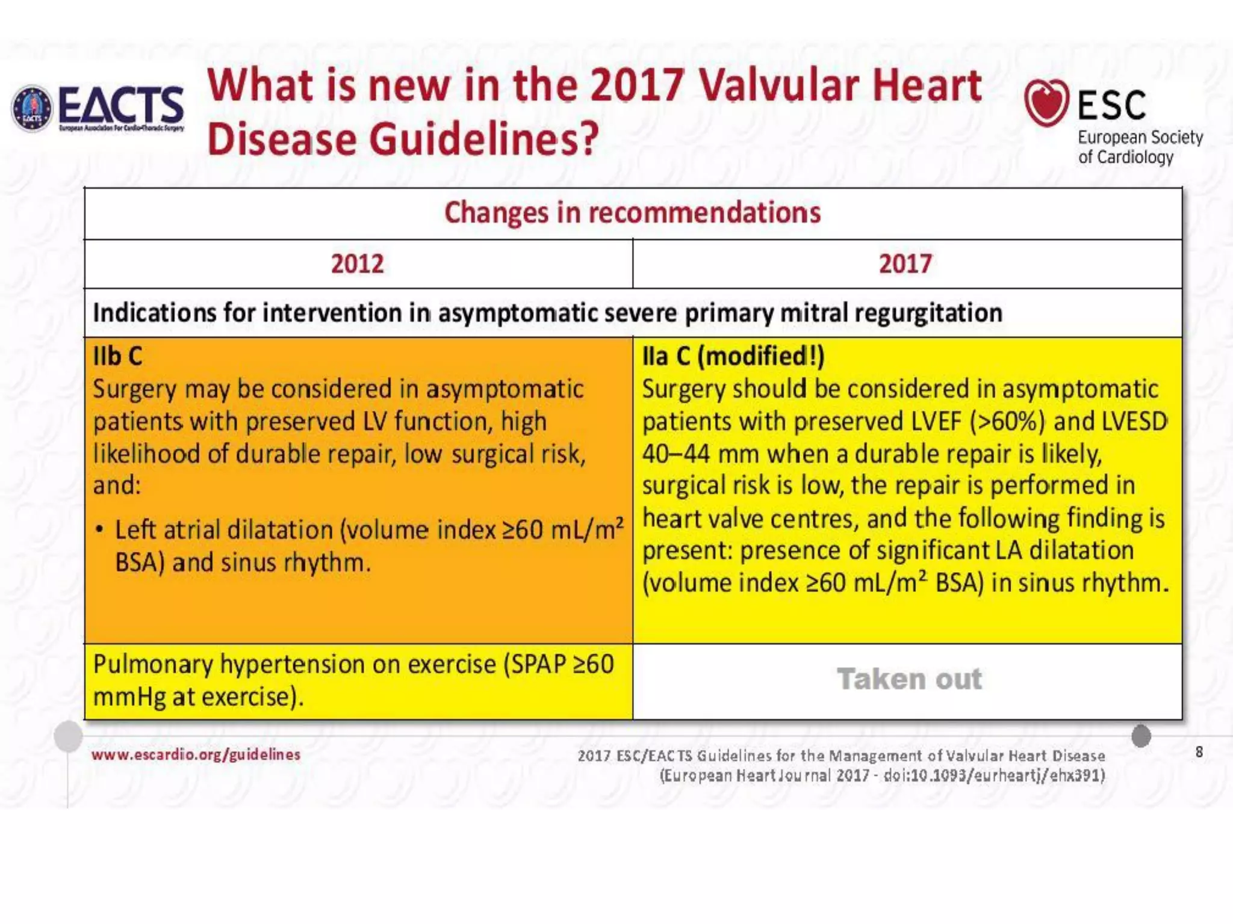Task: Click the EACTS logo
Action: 98,108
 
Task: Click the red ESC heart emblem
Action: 1046,102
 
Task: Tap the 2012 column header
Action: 357,264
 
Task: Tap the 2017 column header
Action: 905,264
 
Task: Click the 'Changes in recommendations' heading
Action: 632,213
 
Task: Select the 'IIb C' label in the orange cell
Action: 117,357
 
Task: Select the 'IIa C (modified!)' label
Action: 733,357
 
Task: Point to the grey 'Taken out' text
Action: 909,679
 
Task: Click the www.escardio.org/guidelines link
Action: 196,754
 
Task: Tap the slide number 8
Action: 1199,752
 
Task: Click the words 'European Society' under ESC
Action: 1140,138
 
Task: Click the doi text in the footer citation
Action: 993,775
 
